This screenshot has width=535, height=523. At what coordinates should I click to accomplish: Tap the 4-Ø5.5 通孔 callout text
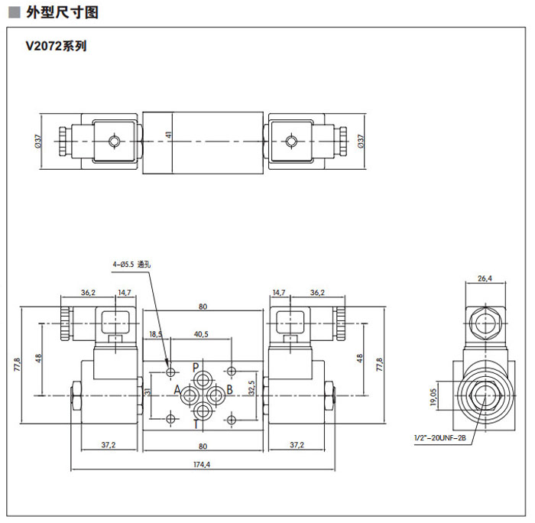click(x=134, y=264)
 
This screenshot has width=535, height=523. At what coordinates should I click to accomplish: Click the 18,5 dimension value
click(x=156, y=334)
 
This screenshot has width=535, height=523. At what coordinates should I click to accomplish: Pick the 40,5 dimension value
click(x=202, y=334)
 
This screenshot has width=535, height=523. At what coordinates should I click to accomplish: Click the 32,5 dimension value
click(x=251, y=390)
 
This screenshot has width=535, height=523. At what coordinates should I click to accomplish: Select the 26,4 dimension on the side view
click(x=485, y=278)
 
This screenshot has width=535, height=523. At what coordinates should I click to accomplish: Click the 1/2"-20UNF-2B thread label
click(x=439, y=438)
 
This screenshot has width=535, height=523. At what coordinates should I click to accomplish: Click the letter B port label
click(x=229, y=390)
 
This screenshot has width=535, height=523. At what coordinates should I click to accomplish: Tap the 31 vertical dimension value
click(x=148, y=391)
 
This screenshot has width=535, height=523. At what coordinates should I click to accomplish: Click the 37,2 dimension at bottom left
click(x=109, y=445)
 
